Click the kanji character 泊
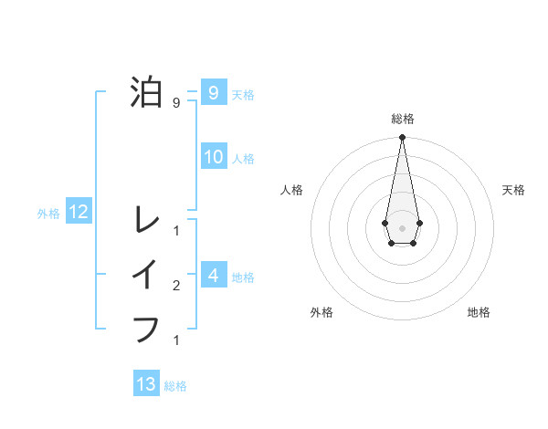(147, 92)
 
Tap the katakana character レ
(146, 218)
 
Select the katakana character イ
(146, 274)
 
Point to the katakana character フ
(146, 328)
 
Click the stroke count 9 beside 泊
(175, 103)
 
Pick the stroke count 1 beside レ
(175, 230)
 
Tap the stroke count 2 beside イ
(175, 286)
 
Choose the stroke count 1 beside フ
(175, 340)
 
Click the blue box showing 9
(213, 92)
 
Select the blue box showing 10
(213, 157)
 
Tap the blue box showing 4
(213, 275)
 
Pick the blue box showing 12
(78, 213)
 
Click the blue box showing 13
(146, 384)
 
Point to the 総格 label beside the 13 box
(175, 386)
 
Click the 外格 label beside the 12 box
(48, 214)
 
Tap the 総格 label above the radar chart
(402, 119)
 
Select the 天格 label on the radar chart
(513, 190)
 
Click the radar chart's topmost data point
(402, 137)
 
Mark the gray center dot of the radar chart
(402, 226)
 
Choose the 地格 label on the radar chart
(479, 312)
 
